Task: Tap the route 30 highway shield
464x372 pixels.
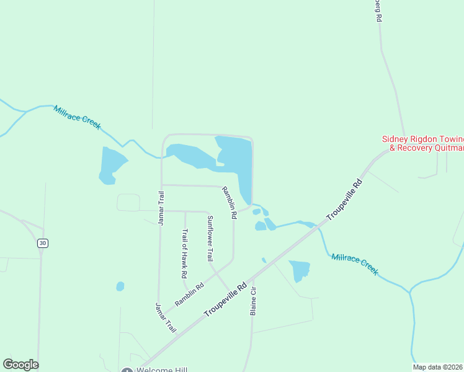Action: [42, 243]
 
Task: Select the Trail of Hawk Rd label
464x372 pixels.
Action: [185, 254]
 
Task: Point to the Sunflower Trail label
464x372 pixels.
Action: [210, 239]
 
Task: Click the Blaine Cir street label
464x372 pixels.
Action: [253, 301]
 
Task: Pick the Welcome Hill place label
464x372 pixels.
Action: [163, 370]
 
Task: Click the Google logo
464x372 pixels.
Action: [20, 364]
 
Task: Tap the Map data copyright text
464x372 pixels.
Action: [438, 367]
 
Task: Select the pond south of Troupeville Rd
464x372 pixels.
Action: [299, 270]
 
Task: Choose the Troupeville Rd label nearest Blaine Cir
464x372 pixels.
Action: [225, 300]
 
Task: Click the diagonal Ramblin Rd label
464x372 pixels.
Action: [189, 294]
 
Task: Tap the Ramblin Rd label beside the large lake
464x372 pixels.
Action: [230, 203]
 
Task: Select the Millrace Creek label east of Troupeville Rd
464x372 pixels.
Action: [354, 264]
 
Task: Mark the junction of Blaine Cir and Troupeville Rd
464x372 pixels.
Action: [253, 277]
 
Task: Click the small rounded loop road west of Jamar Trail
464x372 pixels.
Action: [128, 202]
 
